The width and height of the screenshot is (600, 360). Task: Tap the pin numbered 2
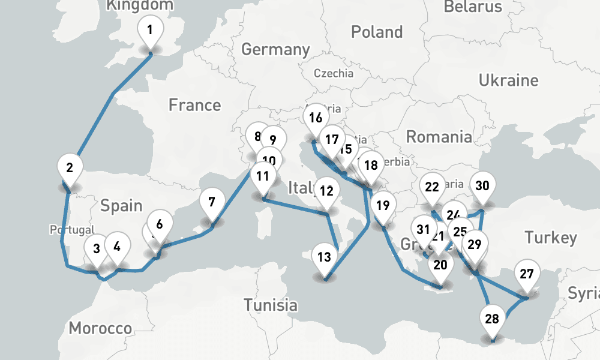point(70,168)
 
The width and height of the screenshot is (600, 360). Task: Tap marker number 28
point(491,319)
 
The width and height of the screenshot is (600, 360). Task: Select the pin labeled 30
point(482,186)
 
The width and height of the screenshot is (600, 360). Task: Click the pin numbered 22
point(432,187)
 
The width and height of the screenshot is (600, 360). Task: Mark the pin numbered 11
point(262,176)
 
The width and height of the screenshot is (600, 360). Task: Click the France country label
point(194,106)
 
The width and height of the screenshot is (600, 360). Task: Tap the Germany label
point(275,49)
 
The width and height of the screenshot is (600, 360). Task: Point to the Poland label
point(377,31)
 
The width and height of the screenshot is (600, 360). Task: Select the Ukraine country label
point(508,80)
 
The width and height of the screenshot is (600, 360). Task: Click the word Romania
point(439,137)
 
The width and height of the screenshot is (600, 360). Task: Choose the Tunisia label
point(270,305)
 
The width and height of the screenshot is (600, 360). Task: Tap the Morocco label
point(100,328)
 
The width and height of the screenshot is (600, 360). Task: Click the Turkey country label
point(550,237)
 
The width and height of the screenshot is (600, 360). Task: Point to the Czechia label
point(334,74)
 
